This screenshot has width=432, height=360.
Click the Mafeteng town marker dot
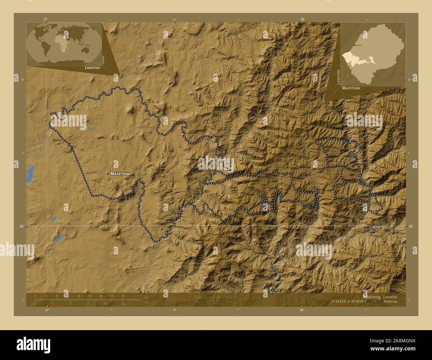coord(107,174)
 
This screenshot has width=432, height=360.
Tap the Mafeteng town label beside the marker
coord(120,174)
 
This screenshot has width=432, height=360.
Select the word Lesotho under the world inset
coord(92,67)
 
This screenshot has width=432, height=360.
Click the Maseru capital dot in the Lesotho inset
coord(354,45)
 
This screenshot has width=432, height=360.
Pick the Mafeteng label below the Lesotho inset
coord(351,88)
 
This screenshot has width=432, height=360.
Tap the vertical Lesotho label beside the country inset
coord(338,77)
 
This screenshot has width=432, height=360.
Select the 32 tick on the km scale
coord(123,296)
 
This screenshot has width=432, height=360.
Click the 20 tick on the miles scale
coord(123,304)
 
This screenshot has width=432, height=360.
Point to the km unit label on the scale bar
coord(146,297)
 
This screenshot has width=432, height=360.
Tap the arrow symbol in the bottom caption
coord(375,301)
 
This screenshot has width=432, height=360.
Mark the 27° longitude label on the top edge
coord(46,19)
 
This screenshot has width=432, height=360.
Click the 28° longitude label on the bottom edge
coord(301,310)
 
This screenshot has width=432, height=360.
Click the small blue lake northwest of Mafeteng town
coord(89,128)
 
